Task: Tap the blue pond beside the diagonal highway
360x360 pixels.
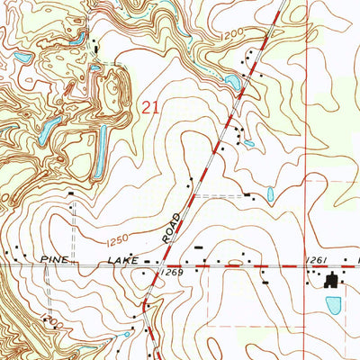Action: pyautogui.click(x=232, y=84)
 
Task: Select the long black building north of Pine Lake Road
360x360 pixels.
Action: pyautogui.click(x=199, y=244)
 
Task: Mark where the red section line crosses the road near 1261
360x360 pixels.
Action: pyautogui.click(x=307, y=266)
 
